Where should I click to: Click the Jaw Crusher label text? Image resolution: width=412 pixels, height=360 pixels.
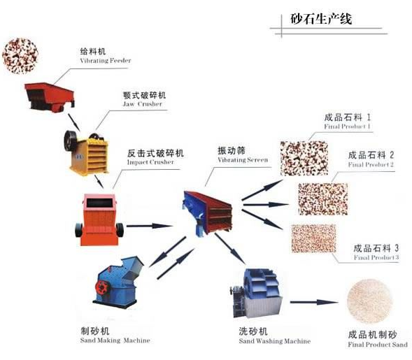pos(143,99)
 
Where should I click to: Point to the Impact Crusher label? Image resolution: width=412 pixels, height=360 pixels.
pos(155,157)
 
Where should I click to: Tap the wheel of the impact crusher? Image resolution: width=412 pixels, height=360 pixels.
pos(120,229)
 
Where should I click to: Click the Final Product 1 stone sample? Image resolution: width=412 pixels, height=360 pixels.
pos(303,157)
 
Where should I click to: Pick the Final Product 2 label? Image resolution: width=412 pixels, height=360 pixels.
pos(371,159)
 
